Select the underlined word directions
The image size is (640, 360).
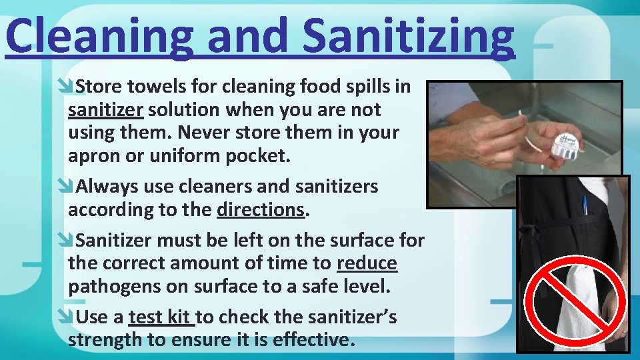(261, 209)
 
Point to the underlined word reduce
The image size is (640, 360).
(367, 263)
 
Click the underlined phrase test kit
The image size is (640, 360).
(159, 317)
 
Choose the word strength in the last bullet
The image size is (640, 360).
(107, 339)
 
